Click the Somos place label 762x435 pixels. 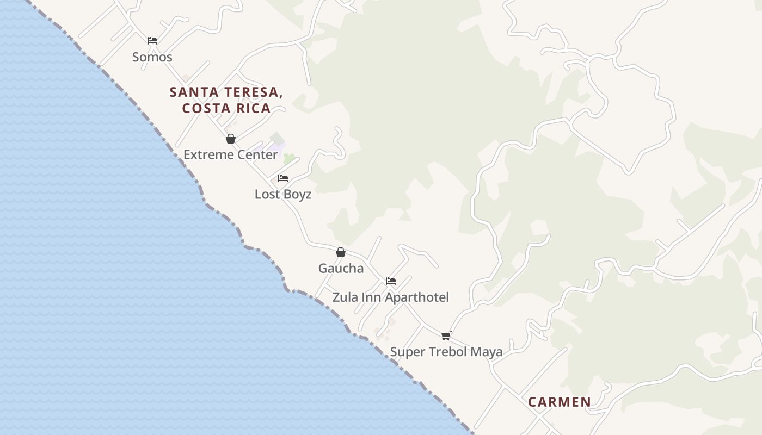[152, 57]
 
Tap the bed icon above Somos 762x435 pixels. [152, 40]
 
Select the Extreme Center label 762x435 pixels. [230, 154]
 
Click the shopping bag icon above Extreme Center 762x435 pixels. [231, 139]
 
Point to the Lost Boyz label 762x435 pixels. [283, 194]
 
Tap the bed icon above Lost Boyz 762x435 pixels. [283, 178]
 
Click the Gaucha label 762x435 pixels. [341, 268]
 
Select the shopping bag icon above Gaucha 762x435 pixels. [341, 252]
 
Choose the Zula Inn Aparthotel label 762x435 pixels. [391, 297]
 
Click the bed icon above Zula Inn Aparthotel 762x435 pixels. [391, 281]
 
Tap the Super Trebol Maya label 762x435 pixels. [446, 352]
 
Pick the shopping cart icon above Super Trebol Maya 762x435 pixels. [446, 335]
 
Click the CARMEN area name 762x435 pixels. [560, 402]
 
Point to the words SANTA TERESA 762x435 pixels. [226, 92]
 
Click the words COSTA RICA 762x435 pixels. [226, 108]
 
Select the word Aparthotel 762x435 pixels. [417, 297]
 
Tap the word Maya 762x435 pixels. [486, 352]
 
